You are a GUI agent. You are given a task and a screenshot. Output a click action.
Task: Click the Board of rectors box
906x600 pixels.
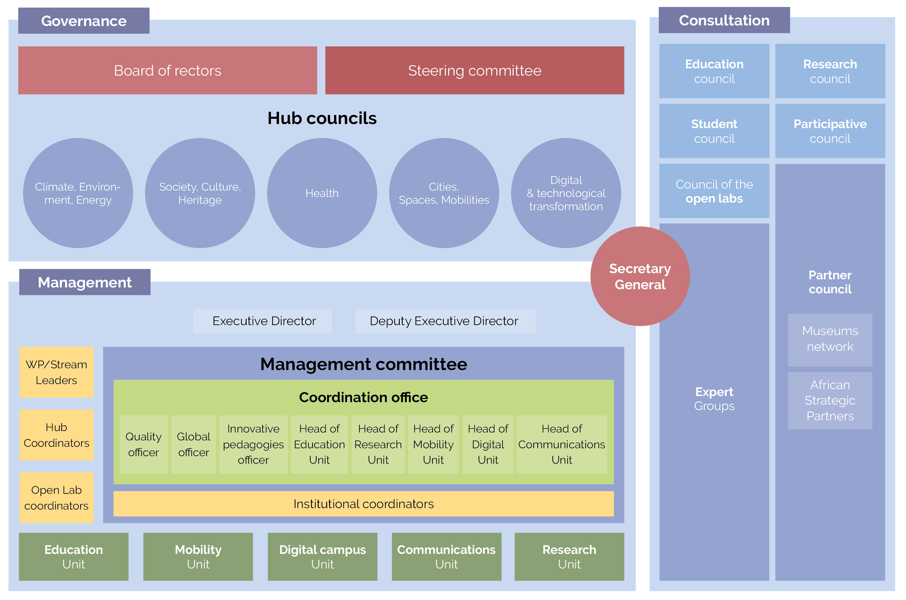[167, 70]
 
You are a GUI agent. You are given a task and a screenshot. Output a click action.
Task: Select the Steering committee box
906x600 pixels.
[474, 70]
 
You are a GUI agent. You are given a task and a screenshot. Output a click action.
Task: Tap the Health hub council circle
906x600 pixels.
[322, 193]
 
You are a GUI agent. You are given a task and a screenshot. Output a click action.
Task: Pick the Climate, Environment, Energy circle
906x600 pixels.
[78, 193]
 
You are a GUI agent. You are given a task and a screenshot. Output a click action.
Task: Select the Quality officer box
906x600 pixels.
[144, 444]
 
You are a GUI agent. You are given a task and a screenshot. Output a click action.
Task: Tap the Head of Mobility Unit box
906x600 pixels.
[433, 444]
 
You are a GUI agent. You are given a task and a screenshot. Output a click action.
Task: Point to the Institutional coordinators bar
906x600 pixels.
[364, 504]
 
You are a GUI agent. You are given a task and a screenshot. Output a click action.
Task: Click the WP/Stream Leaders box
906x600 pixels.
[56, 372]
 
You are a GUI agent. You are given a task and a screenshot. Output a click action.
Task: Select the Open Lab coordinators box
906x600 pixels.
[56, 498]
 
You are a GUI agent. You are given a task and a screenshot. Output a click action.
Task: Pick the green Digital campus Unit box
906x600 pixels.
[322, 557]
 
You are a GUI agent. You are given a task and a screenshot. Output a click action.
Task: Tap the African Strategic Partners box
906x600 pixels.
[830, 400]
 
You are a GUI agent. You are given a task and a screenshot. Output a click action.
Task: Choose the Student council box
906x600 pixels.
[714, 131]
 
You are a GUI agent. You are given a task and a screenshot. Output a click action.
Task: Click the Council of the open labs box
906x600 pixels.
[714, 191]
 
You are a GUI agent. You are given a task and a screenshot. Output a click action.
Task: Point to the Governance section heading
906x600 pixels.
[84, 21]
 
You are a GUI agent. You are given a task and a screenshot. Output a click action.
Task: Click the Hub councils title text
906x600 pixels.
[322, 118]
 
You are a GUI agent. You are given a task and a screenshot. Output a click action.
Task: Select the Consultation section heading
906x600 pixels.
[724, 20]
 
